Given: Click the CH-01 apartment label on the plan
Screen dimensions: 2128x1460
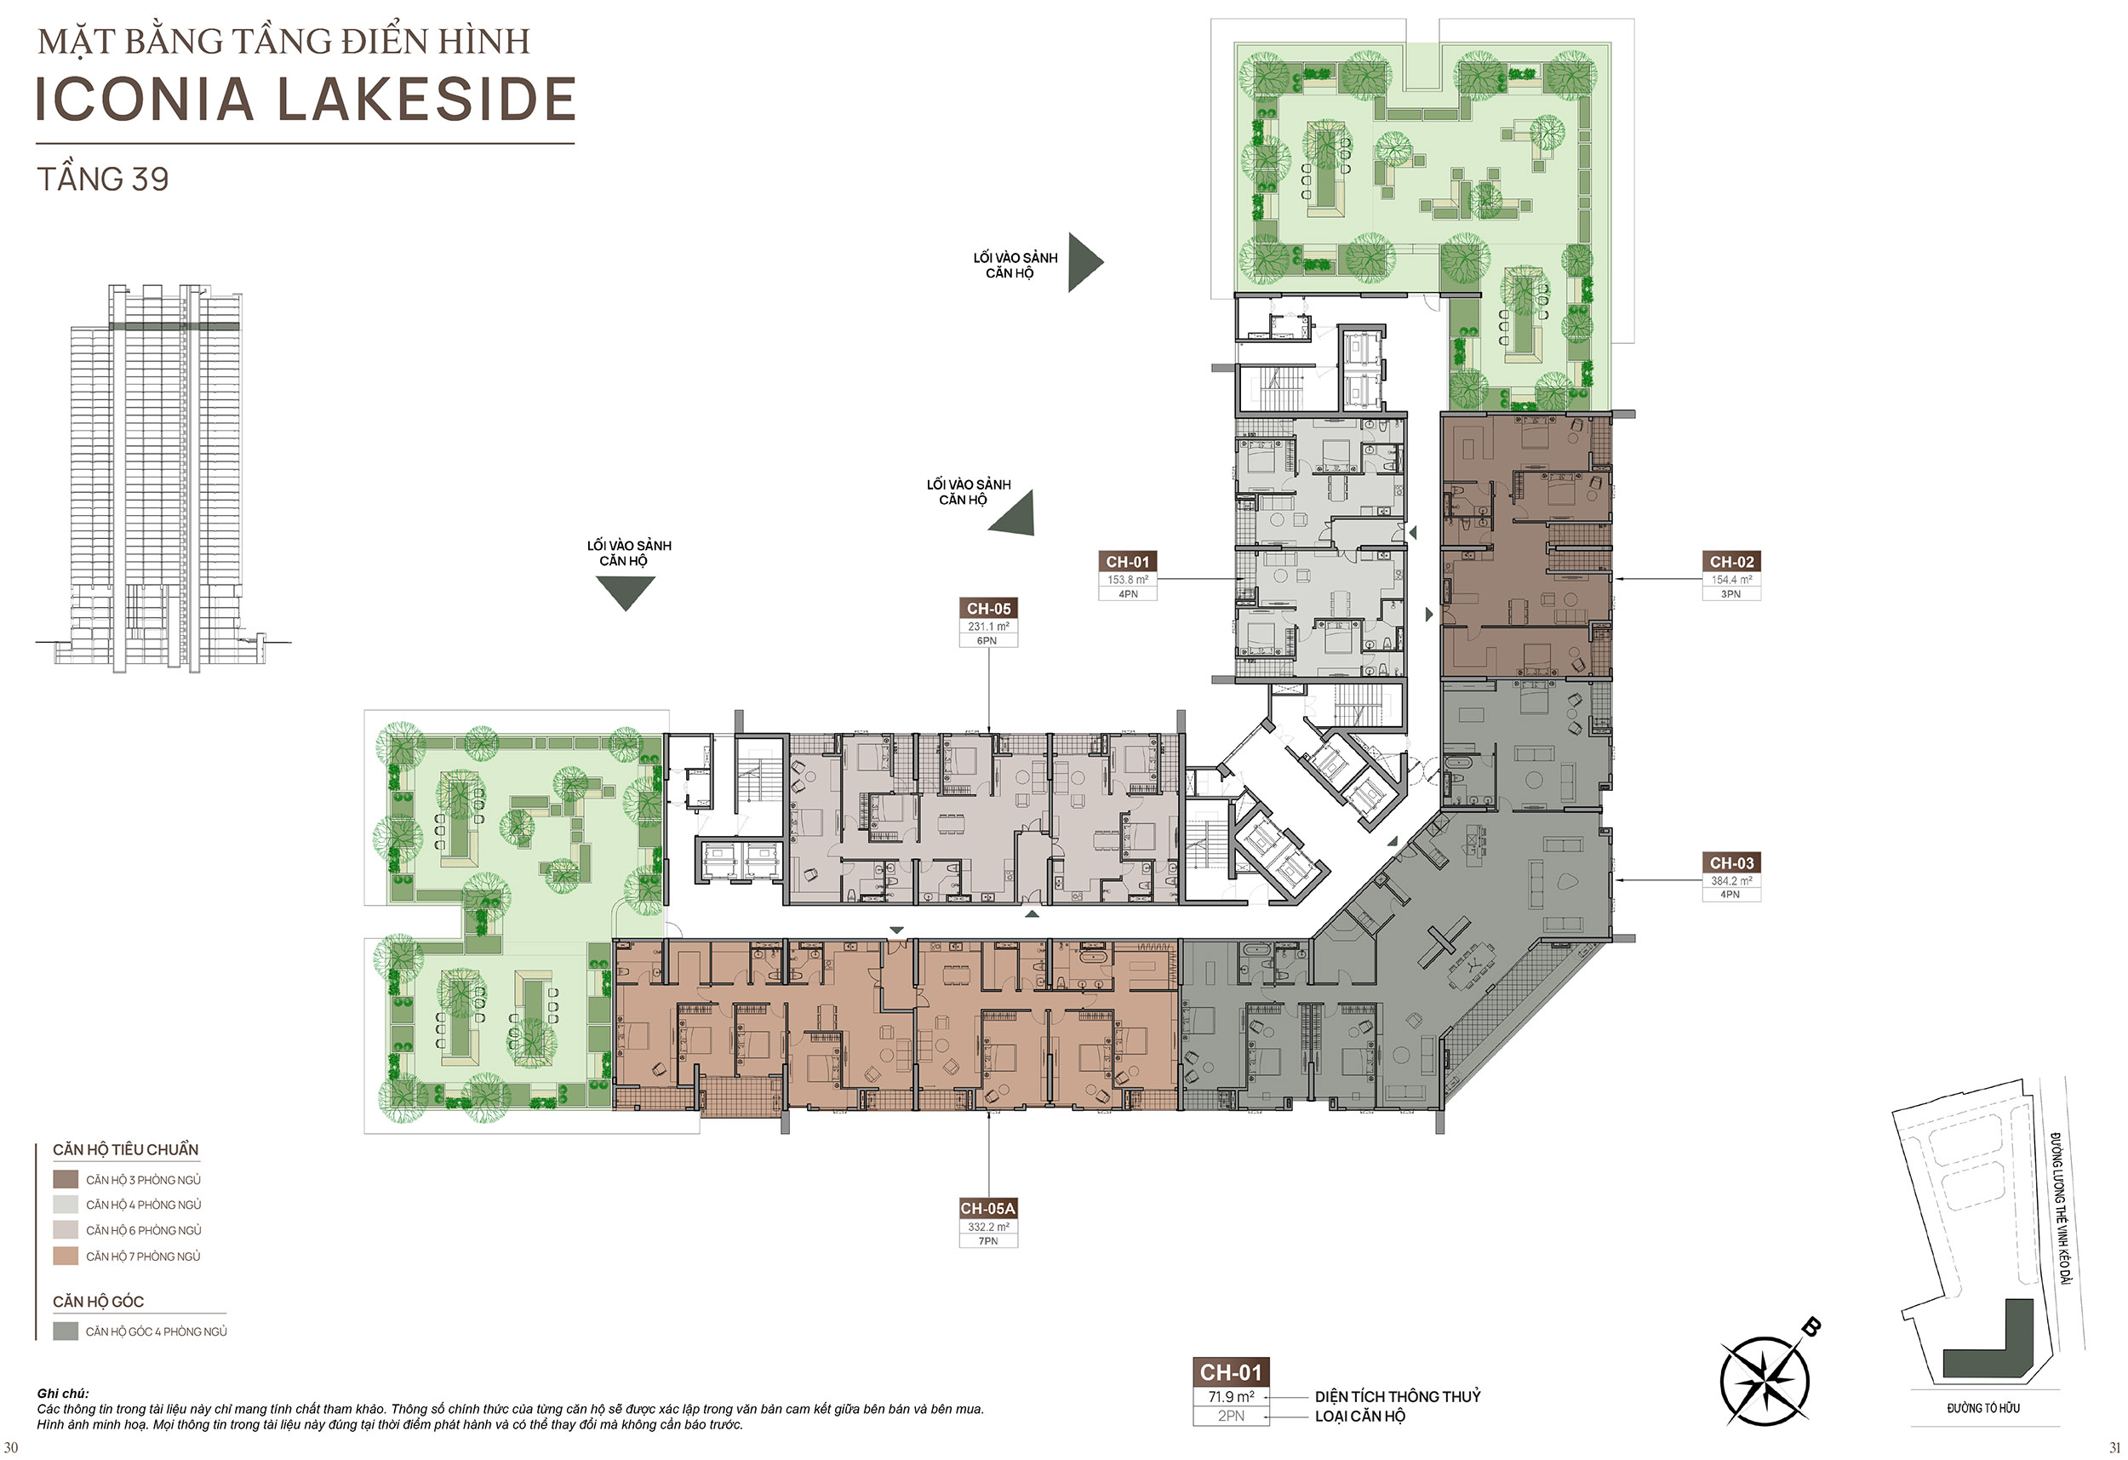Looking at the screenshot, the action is [1127, 562].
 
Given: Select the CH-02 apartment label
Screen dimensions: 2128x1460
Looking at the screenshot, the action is [1731, 562].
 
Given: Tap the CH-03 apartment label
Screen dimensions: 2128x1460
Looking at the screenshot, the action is [1731, 863].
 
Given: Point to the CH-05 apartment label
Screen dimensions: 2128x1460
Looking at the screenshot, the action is [989, 608].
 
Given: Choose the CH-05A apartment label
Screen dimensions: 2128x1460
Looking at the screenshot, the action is [988, 1208].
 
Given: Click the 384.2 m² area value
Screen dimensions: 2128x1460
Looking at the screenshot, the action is [1731, 881].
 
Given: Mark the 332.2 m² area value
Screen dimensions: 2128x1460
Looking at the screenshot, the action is [988, 1227].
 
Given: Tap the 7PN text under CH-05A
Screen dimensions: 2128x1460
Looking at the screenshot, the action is [988, 1241].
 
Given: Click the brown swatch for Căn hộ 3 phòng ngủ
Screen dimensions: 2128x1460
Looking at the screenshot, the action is [66, 1179].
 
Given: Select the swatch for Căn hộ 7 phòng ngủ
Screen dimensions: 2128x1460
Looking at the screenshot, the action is [66, 1256].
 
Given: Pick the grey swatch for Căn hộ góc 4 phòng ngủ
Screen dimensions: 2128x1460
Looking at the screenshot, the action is [66, 1331].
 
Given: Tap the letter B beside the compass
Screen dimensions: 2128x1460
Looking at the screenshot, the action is [1811, 1326].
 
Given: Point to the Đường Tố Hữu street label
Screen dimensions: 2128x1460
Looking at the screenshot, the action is [1983, 1408].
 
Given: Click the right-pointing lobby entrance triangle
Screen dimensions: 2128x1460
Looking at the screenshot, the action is [1085, 262].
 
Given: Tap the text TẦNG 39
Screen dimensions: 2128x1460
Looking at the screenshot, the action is [102, 179].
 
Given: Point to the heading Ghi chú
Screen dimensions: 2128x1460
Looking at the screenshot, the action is [63, 1393].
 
